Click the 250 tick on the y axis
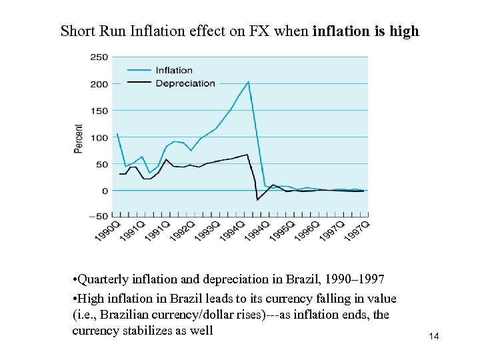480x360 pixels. [99, 57]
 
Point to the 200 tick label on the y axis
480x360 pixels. [99, 84]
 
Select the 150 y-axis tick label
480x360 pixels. [99, 111]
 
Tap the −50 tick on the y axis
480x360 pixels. [98, 217]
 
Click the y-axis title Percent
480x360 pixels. [79, 139]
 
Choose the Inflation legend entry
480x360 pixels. [174, 70]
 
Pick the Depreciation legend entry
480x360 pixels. [185, 83]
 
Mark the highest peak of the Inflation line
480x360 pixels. [248, 82]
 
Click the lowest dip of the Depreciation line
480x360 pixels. [257, 199]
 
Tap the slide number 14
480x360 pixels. [433, 337]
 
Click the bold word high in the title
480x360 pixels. [405, 31]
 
